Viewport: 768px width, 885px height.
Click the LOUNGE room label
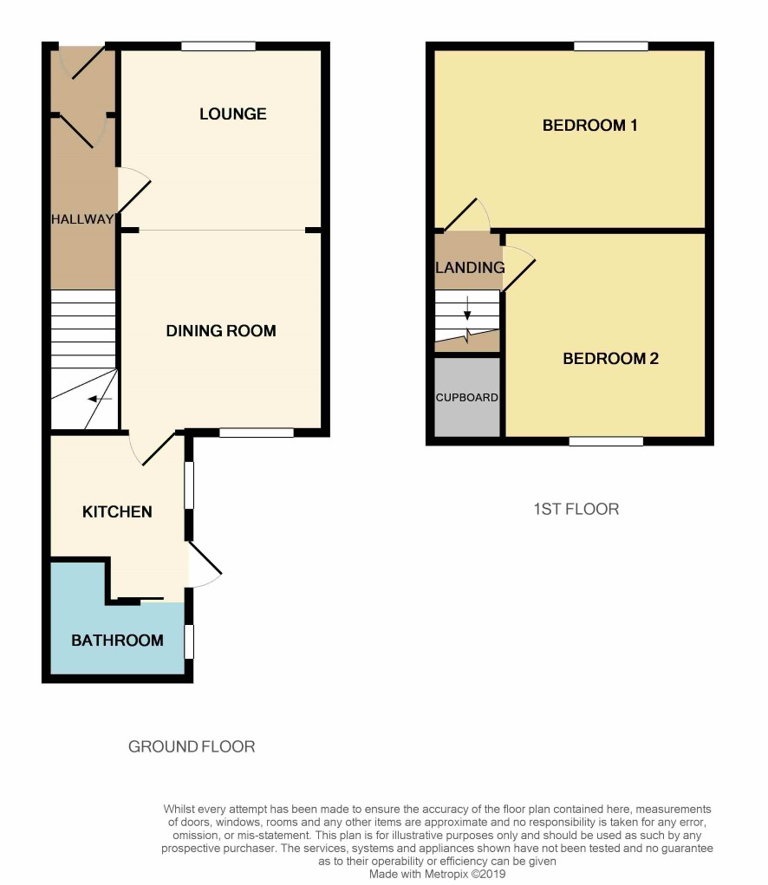coord(232,114)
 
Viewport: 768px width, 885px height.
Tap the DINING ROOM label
coord(221,330)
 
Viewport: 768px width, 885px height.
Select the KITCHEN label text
coord(117,511)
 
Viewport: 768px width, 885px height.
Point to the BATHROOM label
coord(117,640)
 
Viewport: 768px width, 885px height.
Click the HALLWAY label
coord(82,219)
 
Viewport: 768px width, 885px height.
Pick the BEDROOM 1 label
coord(589,125)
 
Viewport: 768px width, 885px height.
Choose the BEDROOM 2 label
coord(610,358)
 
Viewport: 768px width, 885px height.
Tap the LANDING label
coord(470,267)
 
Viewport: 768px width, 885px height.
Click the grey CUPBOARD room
coord(466,397)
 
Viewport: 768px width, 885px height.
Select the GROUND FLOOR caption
coord(192,746)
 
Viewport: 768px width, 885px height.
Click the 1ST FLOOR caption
coord(576,509)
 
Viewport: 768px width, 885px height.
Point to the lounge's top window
coord(218,46)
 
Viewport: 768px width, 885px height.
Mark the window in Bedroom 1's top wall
coord(611,46)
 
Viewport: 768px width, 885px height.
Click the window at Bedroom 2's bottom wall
coord(606,441)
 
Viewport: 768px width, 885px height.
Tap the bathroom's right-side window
coord(189,641)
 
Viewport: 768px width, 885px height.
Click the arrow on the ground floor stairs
coord(100,399)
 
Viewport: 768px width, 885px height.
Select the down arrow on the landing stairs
coord(467,308)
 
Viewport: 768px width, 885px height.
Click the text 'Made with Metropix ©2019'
coord(438,874)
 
